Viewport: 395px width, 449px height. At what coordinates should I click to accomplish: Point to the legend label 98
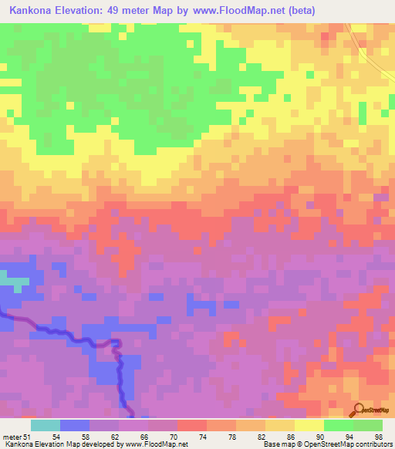(x=377, y=436)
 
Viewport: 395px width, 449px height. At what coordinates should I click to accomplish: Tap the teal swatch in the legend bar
(x=46, y=425)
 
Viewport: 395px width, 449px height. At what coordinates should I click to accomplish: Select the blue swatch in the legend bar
(x=75, y=425)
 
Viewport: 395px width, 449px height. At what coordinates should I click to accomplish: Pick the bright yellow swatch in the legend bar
(x=309, y=425)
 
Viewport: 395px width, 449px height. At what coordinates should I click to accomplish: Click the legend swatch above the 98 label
(x=368, y=425)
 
